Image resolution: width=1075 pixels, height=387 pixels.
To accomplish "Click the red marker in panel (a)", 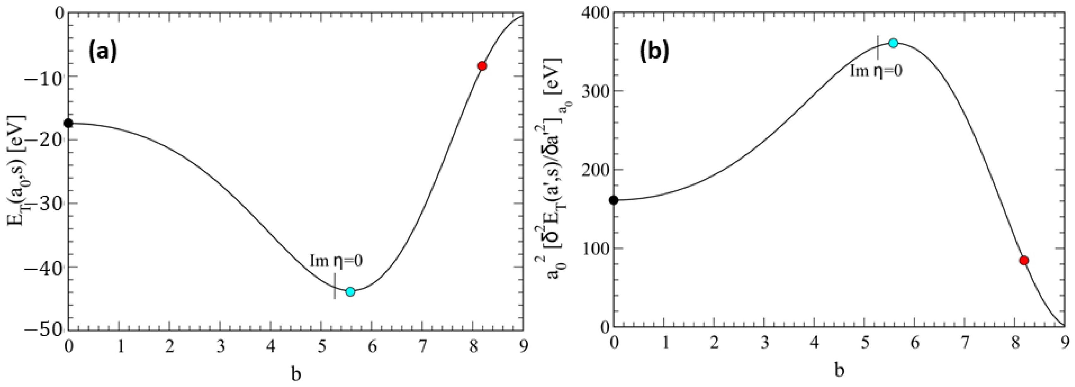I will [482, 66].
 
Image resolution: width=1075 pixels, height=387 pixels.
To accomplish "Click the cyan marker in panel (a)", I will [350, 292].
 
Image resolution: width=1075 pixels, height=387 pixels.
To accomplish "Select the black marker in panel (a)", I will [68, 123].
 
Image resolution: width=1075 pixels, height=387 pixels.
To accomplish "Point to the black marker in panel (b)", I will [613, 200].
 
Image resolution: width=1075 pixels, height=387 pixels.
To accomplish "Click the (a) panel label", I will [103, 53].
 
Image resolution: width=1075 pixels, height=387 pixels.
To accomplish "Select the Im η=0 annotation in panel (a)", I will [336, 261].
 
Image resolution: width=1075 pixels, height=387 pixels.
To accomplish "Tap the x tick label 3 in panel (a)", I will [220, 347].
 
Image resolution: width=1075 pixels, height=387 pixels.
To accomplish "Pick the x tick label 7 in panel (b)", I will [965, 343].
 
